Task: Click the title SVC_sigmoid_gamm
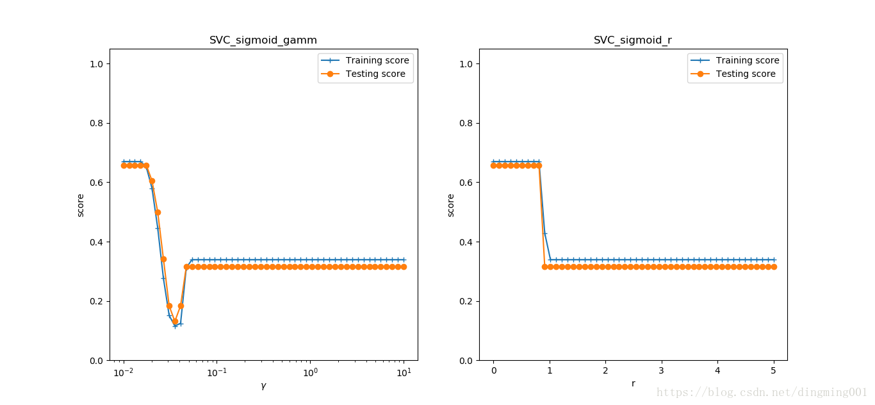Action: pos(263,40)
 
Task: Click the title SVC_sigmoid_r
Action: pos(632,40)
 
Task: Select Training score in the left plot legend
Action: pos(377,60)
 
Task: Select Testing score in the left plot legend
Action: pos(375,74)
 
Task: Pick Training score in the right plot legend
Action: pos(748,60)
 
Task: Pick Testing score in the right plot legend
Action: pos(746,74)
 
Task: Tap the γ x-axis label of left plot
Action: pos(263,385)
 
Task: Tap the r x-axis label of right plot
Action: pos(633,383)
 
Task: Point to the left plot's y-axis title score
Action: pos(81,205)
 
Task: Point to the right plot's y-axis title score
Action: pos(451,205)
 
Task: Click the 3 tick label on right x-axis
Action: pos(662,371)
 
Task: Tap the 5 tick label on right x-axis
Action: pos(774,371)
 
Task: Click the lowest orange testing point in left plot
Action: pos(175,322)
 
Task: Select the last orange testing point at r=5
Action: pos(774,267)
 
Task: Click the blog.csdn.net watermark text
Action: pos(762,392)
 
